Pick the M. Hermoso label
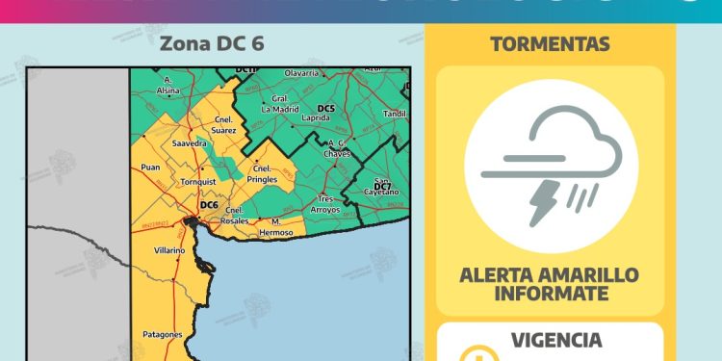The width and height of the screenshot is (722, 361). (x=282, y=227)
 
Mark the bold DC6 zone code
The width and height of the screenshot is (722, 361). (x=209, y=204)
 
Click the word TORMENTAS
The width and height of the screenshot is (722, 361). (x=550, y=44)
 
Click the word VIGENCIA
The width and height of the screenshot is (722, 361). (x=557, y=340)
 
